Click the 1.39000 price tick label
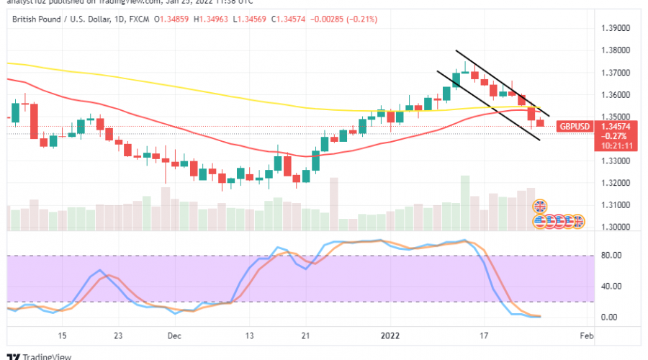tap(616, 28)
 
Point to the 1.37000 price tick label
tap(616, 73)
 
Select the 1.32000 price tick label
tap(616, 183)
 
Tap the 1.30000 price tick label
tap(616, 227)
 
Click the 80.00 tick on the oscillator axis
tap(611, 254)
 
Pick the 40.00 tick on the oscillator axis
tap(611, 286)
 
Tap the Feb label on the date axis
tap(586, 336)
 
